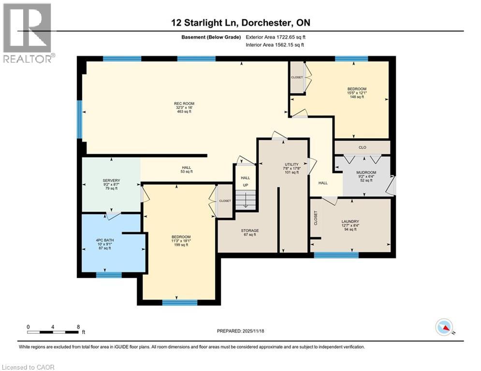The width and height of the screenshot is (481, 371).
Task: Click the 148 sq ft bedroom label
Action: [x=357, y=92]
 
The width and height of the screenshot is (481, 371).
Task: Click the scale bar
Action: [x=53, y=331]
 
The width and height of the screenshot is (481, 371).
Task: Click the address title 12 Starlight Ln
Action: [x=240, y=23]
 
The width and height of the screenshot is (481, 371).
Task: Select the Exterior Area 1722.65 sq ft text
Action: [x=275, y=36]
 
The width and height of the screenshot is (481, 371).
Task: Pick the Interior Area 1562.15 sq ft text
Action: [x=275, y=44]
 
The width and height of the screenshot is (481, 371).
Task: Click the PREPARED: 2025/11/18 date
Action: [x=240, y=331]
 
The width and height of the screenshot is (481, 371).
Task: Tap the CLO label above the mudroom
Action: [x=362, y=147]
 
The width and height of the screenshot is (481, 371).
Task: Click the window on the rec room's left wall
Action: [x=79, y=119]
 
